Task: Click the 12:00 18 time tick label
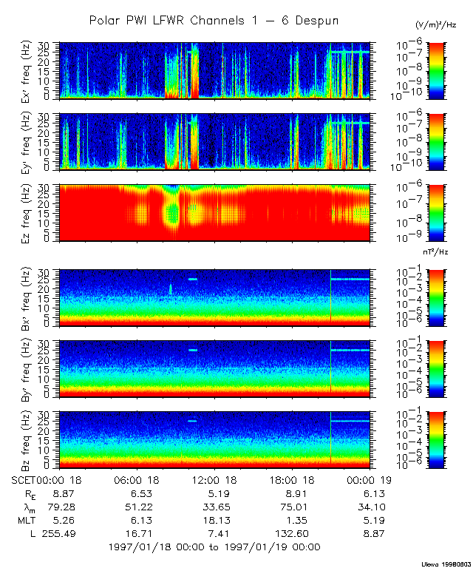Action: [x=214, y=480]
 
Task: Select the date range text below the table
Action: [x=214, y=547]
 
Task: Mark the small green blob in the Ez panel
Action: [x=173, y=214]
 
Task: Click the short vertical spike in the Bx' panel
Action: [x=171, y=289]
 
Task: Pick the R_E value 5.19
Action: [x=214, y=493]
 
